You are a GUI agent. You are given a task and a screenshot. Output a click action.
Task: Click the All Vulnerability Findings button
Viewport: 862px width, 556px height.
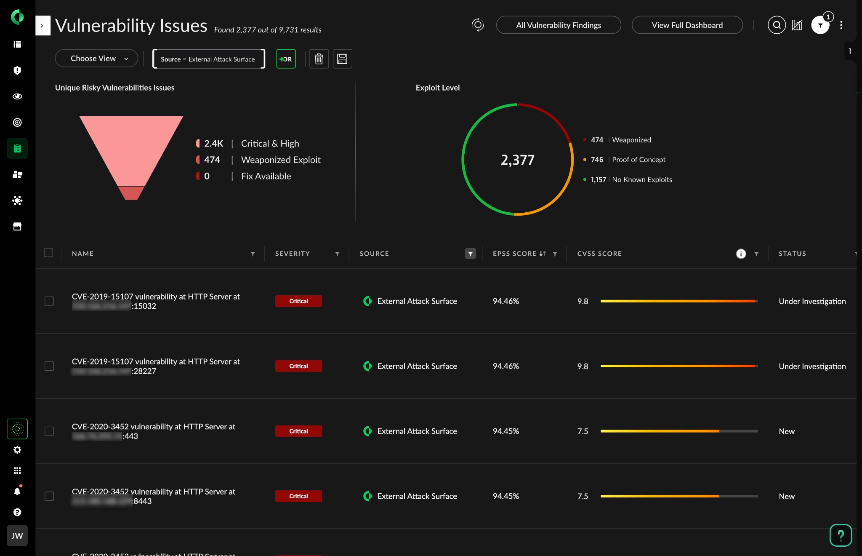[x=558, y=25]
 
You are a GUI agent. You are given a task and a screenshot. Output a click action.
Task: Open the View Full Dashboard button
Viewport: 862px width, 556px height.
[x=687, y=25]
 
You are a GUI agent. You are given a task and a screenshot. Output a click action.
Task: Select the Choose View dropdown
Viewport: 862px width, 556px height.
[x=96, y=59]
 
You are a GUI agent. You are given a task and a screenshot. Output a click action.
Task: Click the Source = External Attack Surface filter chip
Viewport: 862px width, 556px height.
[x=208, y=59]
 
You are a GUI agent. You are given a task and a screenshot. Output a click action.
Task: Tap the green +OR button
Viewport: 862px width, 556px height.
[x=286, y=59]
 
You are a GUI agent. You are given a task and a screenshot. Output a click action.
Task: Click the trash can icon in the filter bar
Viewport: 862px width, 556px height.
[x=319, y=59]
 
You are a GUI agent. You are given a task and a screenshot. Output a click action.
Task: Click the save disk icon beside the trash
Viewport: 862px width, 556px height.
[x=342, y=59]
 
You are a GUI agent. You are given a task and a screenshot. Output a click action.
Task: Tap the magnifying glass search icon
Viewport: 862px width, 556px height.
[x=777, y=25]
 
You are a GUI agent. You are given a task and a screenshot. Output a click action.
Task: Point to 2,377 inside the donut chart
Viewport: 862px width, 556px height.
[x=517, y=160]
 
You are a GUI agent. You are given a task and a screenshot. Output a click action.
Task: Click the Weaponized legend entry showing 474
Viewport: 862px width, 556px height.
[x=621, y=140]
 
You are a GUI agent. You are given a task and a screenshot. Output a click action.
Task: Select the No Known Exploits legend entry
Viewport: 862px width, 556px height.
[x=631, y=179]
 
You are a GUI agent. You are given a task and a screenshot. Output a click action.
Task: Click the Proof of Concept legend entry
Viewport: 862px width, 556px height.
[x=628, y=160]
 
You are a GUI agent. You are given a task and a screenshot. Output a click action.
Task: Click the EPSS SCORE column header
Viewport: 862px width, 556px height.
[x=514, y=254]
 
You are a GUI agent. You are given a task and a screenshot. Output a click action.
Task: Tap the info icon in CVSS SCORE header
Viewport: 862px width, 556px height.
[x=741, y=254]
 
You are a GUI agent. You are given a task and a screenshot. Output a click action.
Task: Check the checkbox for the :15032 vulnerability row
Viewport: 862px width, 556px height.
[x=49, y=301]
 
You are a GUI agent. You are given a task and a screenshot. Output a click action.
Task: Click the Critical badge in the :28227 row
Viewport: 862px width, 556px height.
[x=298, y=366]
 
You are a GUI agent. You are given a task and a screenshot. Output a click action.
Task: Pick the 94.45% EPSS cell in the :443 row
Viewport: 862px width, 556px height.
[x=506, y=431]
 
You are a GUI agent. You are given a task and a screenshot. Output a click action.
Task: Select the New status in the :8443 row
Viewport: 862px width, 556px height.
[x=787, y=496]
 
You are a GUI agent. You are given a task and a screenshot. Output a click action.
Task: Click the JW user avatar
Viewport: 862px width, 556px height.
[x=17, y=536]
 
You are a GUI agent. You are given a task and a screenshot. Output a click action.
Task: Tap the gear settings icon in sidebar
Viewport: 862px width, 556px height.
[x=17, y=450]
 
